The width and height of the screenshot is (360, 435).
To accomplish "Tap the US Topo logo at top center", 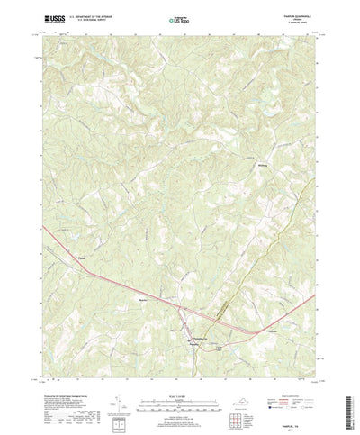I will click(180, 16).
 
